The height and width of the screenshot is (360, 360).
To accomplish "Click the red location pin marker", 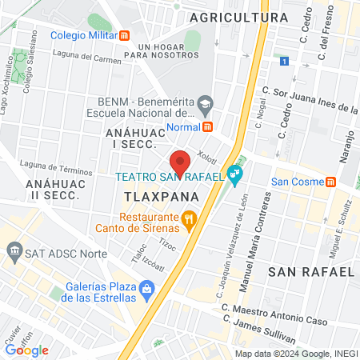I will pos(181,161).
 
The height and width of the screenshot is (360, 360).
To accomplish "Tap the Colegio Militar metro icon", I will pos(124,35).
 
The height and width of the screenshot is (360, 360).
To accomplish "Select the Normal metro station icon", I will pos(208,126).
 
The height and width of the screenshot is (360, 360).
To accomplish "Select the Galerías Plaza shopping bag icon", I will pos(146,288).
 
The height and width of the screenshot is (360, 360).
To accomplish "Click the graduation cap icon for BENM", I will pos(206,102).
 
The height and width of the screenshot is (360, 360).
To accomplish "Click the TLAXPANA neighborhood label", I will pos(150,195).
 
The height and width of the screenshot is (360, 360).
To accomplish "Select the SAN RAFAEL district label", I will pos(311,272).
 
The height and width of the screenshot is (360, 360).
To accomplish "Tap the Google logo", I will pos(26,350).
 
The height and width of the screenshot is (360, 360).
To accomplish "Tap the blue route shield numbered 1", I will pos(284,61).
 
